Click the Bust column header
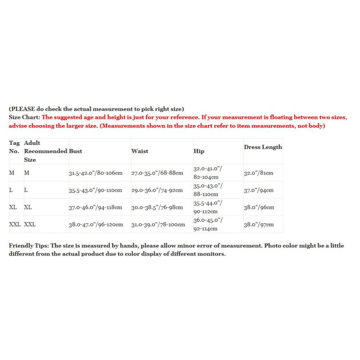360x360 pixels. tap(76, 151)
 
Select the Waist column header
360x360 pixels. tap(139, 151)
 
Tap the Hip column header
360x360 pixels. tap(198, 151)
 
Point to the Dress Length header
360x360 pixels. tap(263, 147)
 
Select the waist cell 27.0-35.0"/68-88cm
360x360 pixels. tap(157, 173)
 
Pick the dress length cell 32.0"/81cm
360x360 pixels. tap(259, 173)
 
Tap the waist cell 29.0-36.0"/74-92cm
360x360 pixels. tap(157, 190)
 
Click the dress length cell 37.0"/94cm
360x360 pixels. tap(259, 190)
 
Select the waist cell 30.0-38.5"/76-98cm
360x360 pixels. tap(157, 207)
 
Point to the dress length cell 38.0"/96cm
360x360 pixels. tap(259, 207)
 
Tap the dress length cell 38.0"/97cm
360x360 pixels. tap(259, 225)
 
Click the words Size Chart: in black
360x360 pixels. tap(24, 117)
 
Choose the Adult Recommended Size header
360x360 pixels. tap(45, 151)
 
